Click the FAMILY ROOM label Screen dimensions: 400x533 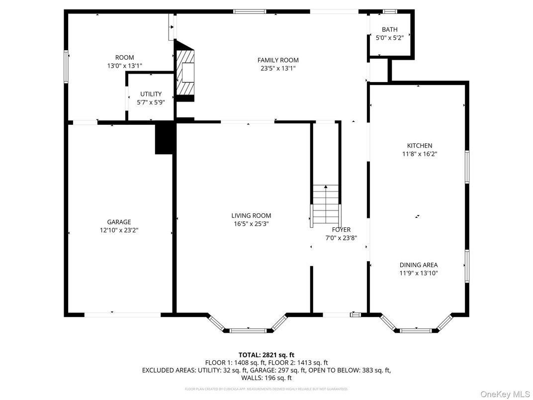[278, 60]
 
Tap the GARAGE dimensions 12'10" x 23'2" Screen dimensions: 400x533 [119, 230]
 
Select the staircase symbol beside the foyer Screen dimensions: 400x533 [326, 204]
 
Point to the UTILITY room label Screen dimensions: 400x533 [151, 94]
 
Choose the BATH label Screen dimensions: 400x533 [389, 30]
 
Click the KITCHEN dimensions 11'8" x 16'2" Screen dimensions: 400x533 [419, 154]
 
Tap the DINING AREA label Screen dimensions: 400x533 [419, 265]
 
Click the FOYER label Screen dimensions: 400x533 [341, 229]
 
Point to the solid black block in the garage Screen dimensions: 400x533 [165, 139]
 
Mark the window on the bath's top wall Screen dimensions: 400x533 [390, 11]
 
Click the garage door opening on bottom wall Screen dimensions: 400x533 [122, 314]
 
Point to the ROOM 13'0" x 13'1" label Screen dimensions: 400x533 [124, 61]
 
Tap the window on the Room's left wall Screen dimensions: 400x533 [66, 66]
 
